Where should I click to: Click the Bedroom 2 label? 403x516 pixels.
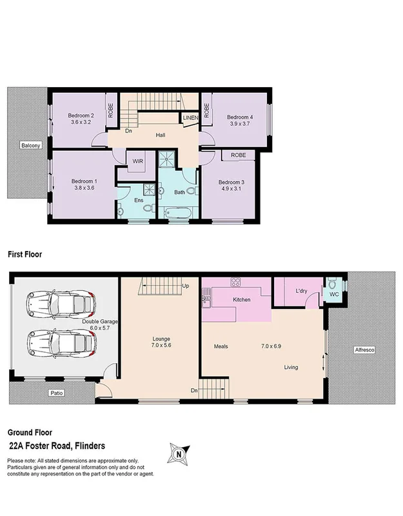pos(81,115)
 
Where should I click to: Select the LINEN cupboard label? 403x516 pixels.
pos(190,118)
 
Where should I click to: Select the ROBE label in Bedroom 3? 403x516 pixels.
pos(239,155)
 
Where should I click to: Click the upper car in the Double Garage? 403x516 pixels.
pos(60,301)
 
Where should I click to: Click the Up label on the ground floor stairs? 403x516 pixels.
pos(186,286)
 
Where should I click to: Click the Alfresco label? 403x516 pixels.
pos(364,350)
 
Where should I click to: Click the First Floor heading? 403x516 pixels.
pos(25,255)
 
